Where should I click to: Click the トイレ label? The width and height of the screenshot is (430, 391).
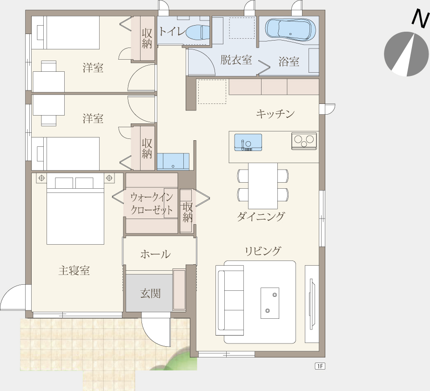[172, 32]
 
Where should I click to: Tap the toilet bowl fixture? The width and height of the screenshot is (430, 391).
[198, 32]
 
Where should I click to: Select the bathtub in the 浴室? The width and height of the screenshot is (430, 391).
[290, 30]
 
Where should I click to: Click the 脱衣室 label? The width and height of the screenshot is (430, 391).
[236, 60]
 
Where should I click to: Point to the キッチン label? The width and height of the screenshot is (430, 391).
[275, 113]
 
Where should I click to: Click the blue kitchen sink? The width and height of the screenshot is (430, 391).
[248, 142]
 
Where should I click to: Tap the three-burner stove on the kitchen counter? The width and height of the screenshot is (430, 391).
[304, 141]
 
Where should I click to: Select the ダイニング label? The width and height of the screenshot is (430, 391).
[261, 217]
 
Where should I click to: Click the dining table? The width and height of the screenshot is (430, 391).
[263, 186]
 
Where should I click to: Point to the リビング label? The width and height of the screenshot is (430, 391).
[263, 251]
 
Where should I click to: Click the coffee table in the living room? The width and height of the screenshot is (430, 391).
[270, 303]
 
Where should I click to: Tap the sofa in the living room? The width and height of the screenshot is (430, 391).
[230, 300]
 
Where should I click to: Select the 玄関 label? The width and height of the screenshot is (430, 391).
[150, 294]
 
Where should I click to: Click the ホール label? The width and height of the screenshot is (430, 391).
[155, 254]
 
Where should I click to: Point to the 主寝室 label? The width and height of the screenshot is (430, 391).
[74, 271]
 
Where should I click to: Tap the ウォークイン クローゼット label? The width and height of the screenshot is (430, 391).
[152, 204]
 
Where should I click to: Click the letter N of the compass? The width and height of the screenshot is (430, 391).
[421, 19]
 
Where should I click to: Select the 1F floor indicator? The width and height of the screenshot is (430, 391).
[320, 366]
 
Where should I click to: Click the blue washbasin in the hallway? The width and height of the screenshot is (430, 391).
[173, 161]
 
